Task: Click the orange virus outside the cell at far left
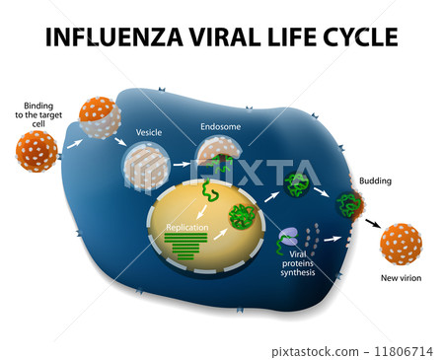point(37,151)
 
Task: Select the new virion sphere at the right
point(401,244)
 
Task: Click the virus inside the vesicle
point(146,168)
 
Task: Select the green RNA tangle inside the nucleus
point(242,216)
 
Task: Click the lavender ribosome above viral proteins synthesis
point(288,237)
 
